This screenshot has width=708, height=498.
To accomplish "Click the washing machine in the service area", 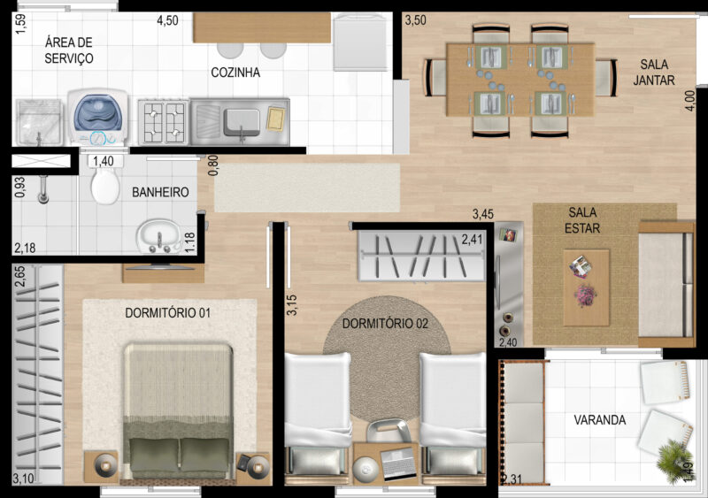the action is tap(97, 118).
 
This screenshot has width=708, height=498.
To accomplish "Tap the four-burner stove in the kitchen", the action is tap(164, 122).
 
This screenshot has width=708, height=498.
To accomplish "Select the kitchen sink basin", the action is tap(242, 121).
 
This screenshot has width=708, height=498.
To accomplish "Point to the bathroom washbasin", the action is tap(159, 235).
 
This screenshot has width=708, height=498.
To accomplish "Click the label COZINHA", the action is tap(235, 73).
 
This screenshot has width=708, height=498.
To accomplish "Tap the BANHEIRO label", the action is tap(160, 192).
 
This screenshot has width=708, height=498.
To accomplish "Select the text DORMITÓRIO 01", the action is tap(167, 312).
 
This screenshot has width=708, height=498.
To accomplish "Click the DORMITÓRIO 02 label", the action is tap(385, 323).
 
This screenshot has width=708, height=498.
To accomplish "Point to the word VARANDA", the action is tap(600, 420).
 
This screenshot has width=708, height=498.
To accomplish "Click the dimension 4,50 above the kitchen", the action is tap(167, 20).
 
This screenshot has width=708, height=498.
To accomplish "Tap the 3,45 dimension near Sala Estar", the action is tap(482, 213).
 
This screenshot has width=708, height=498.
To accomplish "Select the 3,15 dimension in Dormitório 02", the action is tap(291, 305).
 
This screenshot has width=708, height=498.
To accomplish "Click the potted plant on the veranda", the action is tap(674, 461).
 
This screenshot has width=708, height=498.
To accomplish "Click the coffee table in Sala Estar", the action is tap(586, 287).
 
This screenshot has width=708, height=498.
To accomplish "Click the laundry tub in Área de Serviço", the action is tap(39, 122).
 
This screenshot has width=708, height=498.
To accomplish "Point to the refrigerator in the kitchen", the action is tap(361, 42).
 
